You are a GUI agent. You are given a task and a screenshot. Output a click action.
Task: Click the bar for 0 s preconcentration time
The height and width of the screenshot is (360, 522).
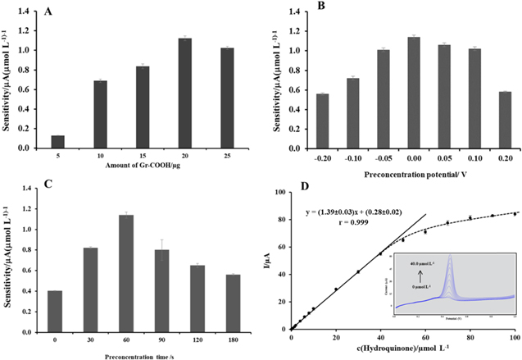coord(55,303)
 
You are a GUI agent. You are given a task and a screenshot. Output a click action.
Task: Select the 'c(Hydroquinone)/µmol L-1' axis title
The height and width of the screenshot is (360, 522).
coord(403,349)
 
